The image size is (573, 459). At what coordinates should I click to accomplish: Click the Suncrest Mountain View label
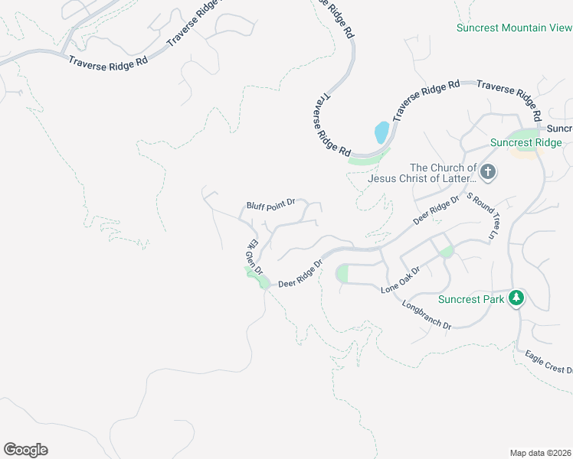[513, 28]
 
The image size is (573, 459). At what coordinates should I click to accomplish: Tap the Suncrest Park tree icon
[517, 297]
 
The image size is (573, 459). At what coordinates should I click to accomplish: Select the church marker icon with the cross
[489, 171]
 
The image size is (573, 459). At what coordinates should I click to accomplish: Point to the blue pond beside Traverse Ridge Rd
[381, 133]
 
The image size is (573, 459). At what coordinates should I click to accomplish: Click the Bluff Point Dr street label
[270, 205]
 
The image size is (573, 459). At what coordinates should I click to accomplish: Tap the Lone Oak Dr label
[401, 281]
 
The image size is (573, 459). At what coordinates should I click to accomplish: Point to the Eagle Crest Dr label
[548, 363]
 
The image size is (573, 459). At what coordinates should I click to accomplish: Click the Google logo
[25, 450]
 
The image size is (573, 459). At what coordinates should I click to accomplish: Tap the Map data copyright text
[541, 453]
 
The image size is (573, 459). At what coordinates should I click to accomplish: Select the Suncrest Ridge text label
[526, 142]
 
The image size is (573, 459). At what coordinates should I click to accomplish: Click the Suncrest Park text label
[471, 299]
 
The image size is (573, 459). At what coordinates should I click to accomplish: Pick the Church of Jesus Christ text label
[422, 174]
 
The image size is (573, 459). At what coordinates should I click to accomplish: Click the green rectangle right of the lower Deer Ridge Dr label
[342, 273]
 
